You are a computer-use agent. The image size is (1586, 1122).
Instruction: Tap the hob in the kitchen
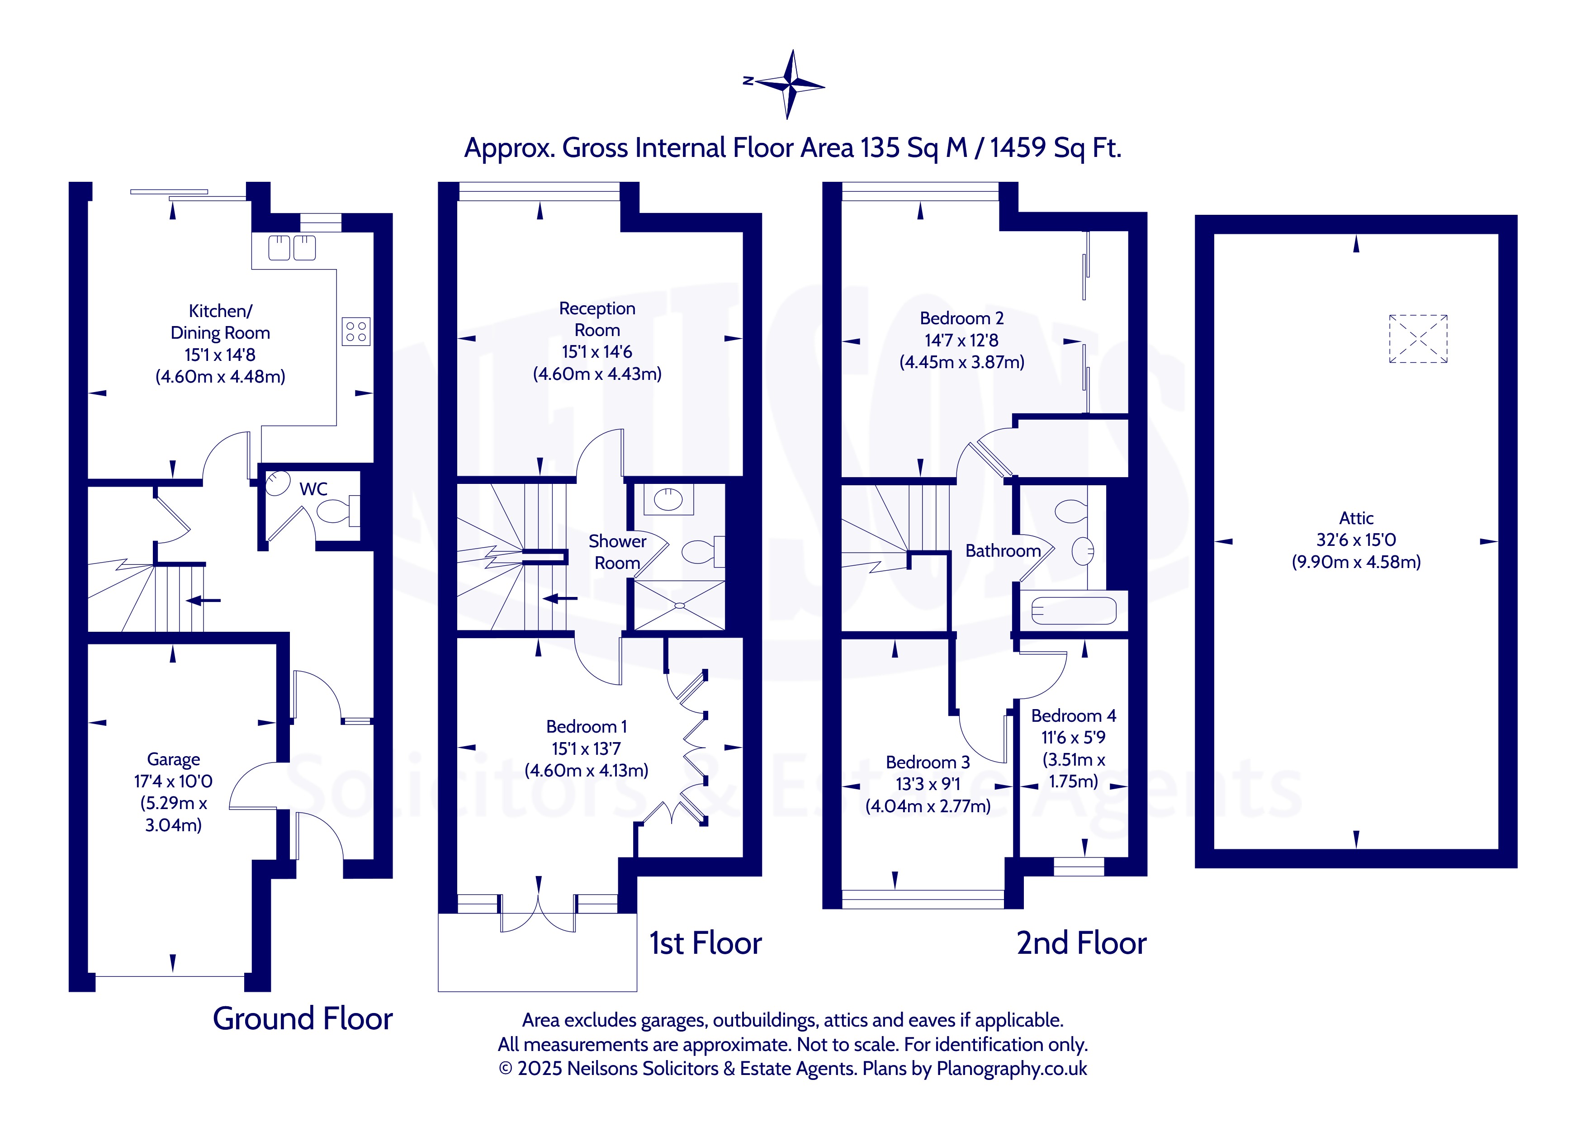pos(356,331)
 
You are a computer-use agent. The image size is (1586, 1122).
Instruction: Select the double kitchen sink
pos(292,248)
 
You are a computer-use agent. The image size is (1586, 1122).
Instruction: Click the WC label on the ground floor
pos(313,489)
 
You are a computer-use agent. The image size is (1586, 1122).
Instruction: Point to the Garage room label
pos(173,759)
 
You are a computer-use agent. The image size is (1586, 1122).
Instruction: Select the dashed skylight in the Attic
pos(1418,339)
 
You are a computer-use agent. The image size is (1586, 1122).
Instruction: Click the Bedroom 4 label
pos(1074,716)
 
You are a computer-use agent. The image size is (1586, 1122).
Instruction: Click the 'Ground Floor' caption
pos(303,1018)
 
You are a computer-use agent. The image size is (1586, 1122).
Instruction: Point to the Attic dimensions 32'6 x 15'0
pos(1356,540)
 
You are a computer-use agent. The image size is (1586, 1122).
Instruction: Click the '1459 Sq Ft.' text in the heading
pos(1056,148)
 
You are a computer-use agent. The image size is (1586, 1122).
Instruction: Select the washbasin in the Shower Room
pos(668,499)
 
